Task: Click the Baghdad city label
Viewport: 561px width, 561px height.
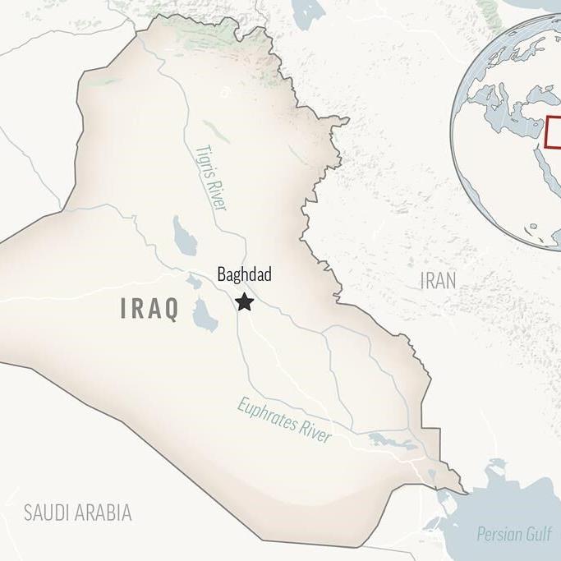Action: (x=245, y=276)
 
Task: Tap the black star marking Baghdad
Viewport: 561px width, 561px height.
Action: (x=244, y=302)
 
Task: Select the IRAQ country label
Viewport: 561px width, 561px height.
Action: (x=149, y=309)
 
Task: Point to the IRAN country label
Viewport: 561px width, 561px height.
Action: (x=438, y=281)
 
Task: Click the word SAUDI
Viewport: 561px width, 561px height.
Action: (x=50, y=513)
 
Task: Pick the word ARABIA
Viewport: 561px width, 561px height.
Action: (x=106, y=513)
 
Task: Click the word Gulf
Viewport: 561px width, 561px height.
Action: (x=539, y=535)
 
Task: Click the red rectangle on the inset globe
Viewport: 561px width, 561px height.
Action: (x=554, y=132)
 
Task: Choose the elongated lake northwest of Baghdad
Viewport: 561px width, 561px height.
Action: (x=182, y=235)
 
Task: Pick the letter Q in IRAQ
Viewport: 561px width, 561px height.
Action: (x=170, y=309)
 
